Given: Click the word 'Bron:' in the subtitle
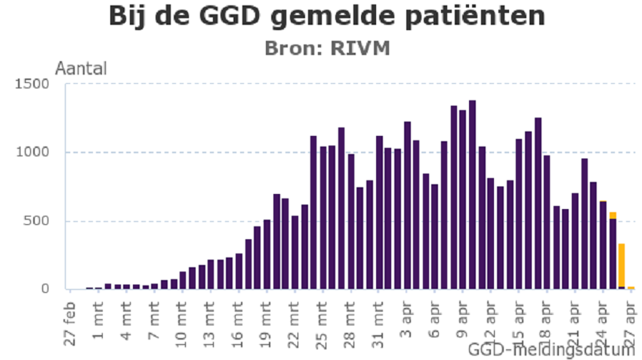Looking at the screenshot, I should click(294, 48).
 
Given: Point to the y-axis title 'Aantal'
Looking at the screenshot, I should click(81, 68).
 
